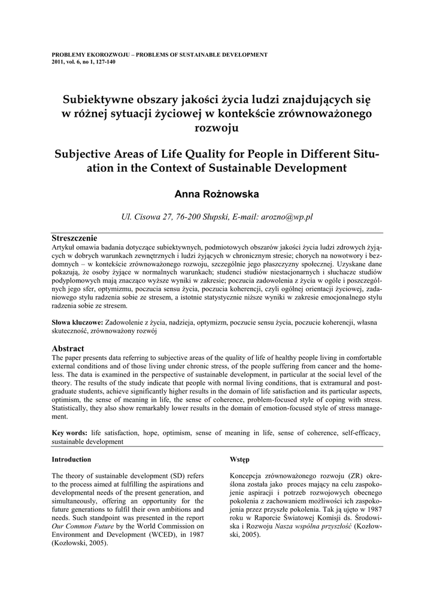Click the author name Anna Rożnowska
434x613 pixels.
click(x=217, y=194)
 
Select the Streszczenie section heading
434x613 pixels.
click(x=75, y=238)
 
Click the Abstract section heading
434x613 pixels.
click(x=68, y=348)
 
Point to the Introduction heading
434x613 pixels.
click(x=71, y=459)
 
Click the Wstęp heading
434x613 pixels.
click(x=240, y=459)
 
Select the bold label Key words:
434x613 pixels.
click(x=69, y=432)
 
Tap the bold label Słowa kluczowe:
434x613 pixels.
click(x=77, y=322)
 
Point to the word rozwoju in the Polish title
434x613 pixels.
click(x=217, y=128)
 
